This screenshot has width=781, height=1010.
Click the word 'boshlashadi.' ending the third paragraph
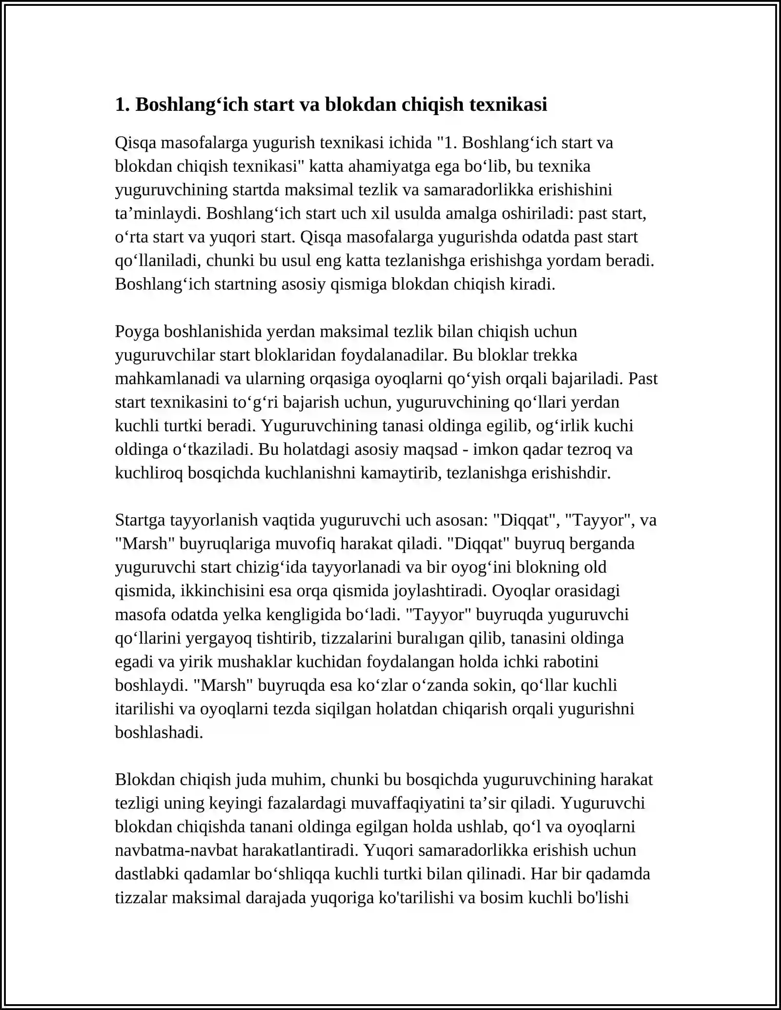[159, 732]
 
